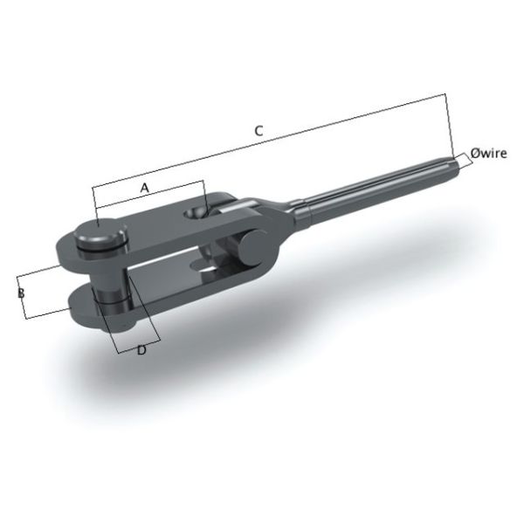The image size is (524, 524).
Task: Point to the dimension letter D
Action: pyautogui.click(x=141, y=349)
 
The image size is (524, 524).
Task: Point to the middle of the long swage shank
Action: pyautogui.click(x=376, y=185)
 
